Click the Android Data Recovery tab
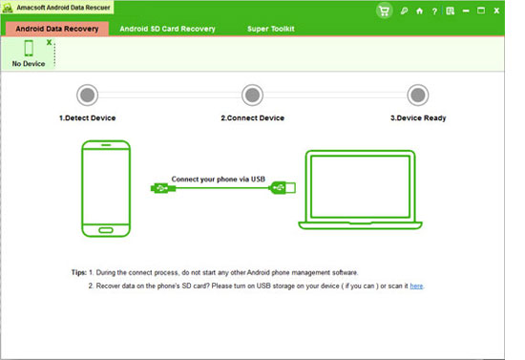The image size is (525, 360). pos(57,29)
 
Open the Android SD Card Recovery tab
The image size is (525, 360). pos(167,29)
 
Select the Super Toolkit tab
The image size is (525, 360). pos(271,29)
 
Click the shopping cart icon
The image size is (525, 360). pos(384,11)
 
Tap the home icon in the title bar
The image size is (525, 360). pos(419,11)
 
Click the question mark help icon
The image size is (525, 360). pos(434,11)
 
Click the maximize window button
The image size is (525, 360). pos(481,11)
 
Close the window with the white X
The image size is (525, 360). pos(496,11)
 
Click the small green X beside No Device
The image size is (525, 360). pos(50,42)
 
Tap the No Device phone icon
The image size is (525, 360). pos(29,48)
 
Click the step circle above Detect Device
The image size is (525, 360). pos(88,95)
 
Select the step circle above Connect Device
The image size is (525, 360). pos(252,95)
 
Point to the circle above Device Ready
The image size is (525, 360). pos(418,95)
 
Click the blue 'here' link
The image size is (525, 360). pos(416,286)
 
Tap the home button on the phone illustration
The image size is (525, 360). pos(106,230)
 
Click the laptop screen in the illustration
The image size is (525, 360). pos(360,186)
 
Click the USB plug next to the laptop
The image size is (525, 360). pos(283,187)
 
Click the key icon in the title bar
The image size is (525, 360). pos(404,11)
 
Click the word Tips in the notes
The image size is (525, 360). pos(78,272)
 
